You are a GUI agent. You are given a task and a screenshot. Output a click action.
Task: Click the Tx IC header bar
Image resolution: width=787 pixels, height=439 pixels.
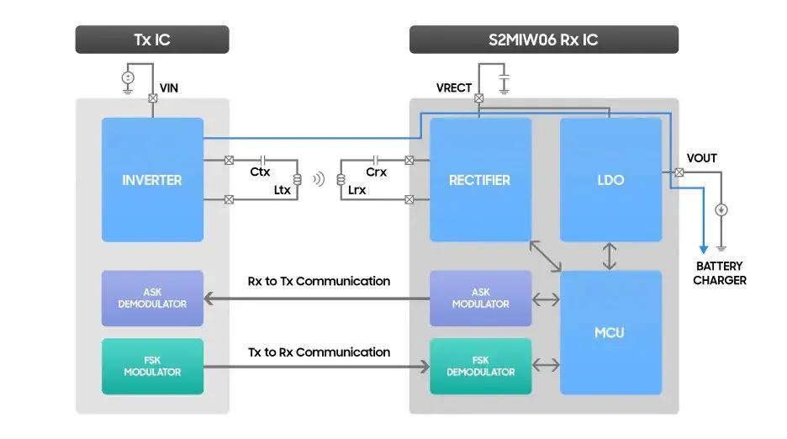coord(152,40)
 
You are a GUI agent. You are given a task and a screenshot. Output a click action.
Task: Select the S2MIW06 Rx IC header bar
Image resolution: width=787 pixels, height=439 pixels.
coord(543,40)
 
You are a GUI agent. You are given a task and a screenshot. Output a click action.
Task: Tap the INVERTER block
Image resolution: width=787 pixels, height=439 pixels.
coord(152,180)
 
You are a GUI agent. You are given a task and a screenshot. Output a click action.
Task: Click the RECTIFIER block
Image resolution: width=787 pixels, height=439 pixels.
coord(480,180)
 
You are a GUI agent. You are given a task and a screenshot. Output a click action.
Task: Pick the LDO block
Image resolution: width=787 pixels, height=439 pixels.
coord(610,180)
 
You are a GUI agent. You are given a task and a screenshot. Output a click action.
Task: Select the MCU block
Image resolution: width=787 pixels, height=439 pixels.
coord(610,332)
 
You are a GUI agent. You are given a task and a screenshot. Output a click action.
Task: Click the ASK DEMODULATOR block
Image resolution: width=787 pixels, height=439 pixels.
coord(152,299)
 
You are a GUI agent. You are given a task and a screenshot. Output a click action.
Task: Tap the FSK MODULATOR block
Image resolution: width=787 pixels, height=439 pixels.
coord(152,367)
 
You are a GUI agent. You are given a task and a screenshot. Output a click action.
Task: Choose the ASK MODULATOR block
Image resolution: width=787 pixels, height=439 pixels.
coord(480,299)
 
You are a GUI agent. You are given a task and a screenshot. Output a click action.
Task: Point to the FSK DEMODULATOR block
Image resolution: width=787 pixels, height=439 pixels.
coord(480,367)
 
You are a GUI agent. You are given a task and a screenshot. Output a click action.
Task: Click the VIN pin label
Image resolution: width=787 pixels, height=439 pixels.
coord(169,87)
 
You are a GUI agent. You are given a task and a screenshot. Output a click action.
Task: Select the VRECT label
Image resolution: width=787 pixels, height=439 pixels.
coord(454,88)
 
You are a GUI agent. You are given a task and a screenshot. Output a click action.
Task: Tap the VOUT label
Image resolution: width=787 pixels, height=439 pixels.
coord(702,158)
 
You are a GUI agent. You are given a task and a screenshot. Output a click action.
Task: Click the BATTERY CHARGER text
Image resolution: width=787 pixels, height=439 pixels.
coord(720,273)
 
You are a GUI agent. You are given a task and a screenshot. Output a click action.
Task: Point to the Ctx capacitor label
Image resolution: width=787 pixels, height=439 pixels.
coord(260,172)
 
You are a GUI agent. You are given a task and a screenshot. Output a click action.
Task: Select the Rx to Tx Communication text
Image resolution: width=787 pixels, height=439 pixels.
coord(319,281)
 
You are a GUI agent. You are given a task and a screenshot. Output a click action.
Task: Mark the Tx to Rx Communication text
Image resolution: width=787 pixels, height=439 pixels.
coord(319,352)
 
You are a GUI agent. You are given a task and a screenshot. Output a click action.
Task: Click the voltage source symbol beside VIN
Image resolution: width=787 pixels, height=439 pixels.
coord(128,78)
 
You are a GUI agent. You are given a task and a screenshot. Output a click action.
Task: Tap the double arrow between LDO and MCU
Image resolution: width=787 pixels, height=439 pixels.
coord(610,257)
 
